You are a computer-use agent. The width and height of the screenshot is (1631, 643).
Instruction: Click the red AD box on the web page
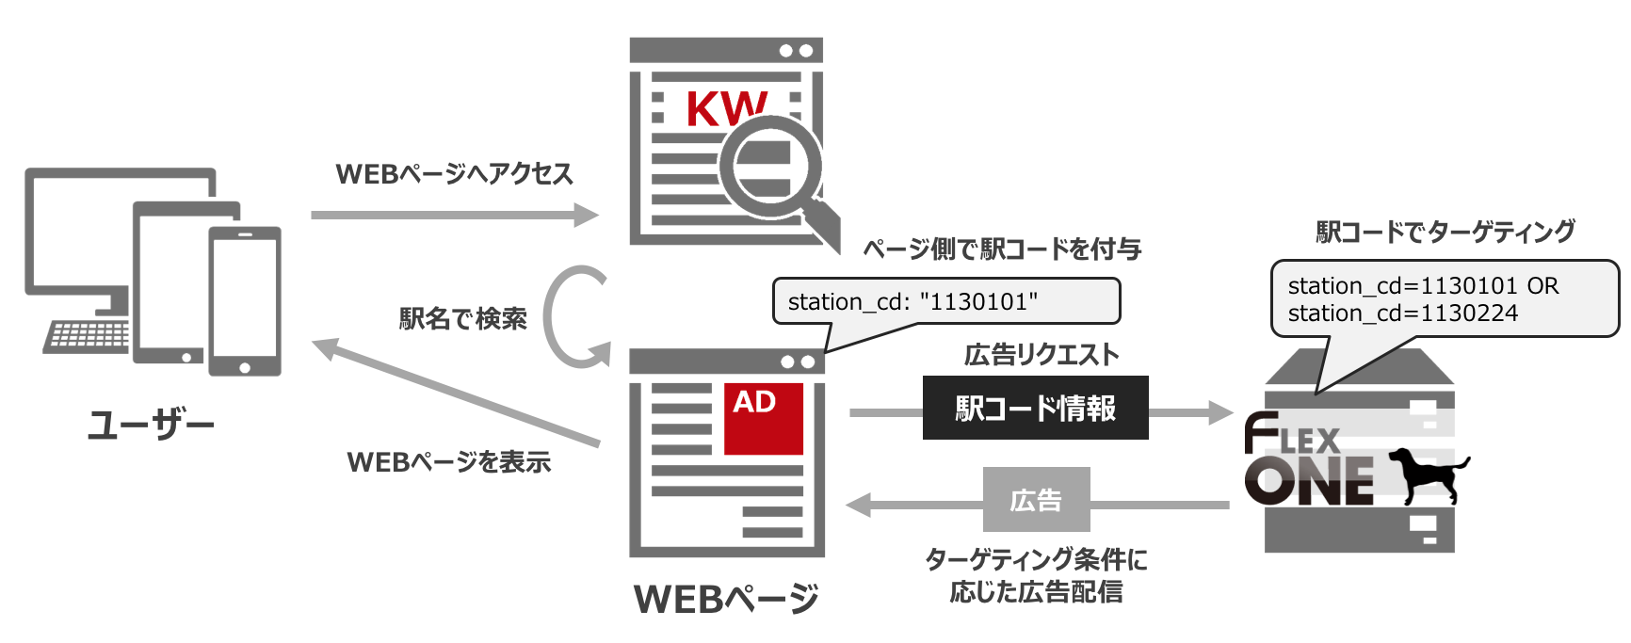click(x=763, y=418)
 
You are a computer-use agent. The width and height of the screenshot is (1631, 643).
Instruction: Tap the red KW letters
click(x=725, y=109)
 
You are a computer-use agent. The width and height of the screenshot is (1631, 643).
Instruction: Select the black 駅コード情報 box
click(x=1035, y=408)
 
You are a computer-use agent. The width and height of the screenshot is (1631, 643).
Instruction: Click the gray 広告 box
click(x=1036, y=500)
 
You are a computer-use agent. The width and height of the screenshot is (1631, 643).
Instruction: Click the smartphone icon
click(x=244, y=301)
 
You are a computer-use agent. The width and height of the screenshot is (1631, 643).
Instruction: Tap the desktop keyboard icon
click(x=87, y=336)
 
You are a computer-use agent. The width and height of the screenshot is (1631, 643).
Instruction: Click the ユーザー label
click(x=151, y=426)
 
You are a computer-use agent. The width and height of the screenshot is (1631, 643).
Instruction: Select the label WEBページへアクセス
click(x=454, y=174)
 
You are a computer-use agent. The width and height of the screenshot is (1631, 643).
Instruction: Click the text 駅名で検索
click(x=462, y=319)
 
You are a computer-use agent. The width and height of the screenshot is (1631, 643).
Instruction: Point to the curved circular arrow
click(x=570, y=317)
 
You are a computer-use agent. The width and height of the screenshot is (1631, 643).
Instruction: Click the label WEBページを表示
click(x=448, y=462)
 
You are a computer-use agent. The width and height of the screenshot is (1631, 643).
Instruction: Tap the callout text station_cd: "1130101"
click(x=912, y=301)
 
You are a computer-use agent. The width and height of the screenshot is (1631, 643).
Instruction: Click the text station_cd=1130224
click(x=1402, y=313)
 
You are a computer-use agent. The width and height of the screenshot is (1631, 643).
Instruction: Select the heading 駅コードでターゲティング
click(x=1445, y=232)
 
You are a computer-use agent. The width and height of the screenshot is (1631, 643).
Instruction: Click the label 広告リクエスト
click(x=1042, y=355)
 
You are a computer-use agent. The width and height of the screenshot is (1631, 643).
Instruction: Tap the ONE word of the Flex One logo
click(x=1309, y=482)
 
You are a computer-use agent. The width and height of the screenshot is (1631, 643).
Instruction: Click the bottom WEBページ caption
click(x=726, y=599)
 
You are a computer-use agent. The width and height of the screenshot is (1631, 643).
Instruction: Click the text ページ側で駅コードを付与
click(x=1002, y=249)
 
